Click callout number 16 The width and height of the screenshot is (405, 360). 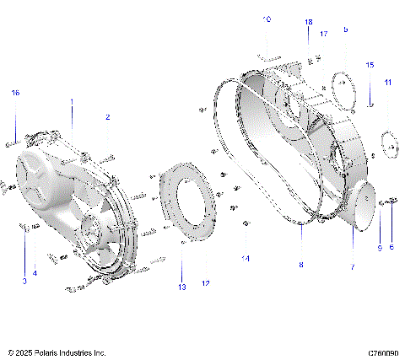(x=14, y=93)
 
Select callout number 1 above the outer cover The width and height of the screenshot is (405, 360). (x=72, y=102)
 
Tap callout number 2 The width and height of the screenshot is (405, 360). (x=107, y=117)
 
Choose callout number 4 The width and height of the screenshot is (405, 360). (x=35, y=273)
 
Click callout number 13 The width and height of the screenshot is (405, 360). (x=181, y=287)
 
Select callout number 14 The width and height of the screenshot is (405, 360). (x=246, y=258)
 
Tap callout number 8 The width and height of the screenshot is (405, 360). (x=300, y=265)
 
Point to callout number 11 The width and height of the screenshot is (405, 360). (x=388, y=82)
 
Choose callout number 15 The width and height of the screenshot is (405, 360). (x=370, y=65)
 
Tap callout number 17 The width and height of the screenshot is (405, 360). (x=323, y=34)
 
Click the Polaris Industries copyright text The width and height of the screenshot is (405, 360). (x=57, y=352)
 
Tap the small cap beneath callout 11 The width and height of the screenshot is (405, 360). (x=390, y=142)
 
